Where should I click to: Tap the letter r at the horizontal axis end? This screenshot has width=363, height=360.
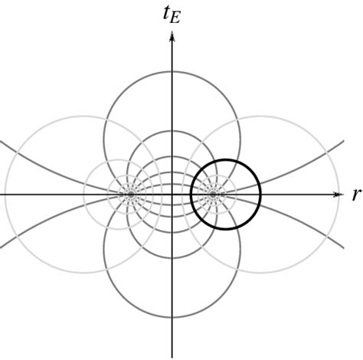tap(355, 195)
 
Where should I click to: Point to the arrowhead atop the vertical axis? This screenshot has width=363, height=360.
tap(172, 35)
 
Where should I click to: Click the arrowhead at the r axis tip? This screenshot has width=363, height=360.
tap(337, 195)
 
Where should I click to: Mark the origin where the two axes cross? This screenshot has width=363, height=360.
tap(172, 195)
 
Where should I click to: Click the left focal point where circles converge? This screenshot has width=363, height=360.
tap(131, 195)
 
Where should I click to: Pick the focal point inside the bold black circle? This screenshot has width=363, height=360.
tap(214, 195)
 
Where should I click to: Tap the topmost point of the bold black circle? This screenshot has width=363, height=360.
tap(225, 159)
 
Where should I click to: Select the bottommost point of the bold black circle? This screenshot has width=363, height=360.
tap(225, 229)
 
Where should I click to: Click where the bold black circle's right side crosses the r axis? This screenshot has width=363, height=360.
tap(260, 195)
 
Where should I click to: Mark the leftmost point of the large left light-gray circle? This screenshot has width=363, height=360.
tap(5, 195)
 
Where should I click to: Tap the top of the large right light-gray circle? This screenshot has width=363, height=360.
tap(261, 116)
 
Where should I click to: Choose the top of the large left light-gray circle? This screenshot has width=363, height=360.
tap(83, 116)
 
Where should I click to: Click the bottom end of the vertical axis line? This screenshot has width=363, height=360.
tap(172, 357)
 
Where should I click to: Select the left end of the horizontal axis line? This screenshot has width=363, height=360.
tap(2, 195)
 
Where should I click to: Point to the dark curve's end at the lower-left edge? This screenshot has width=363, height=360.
tap(2, 247)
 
